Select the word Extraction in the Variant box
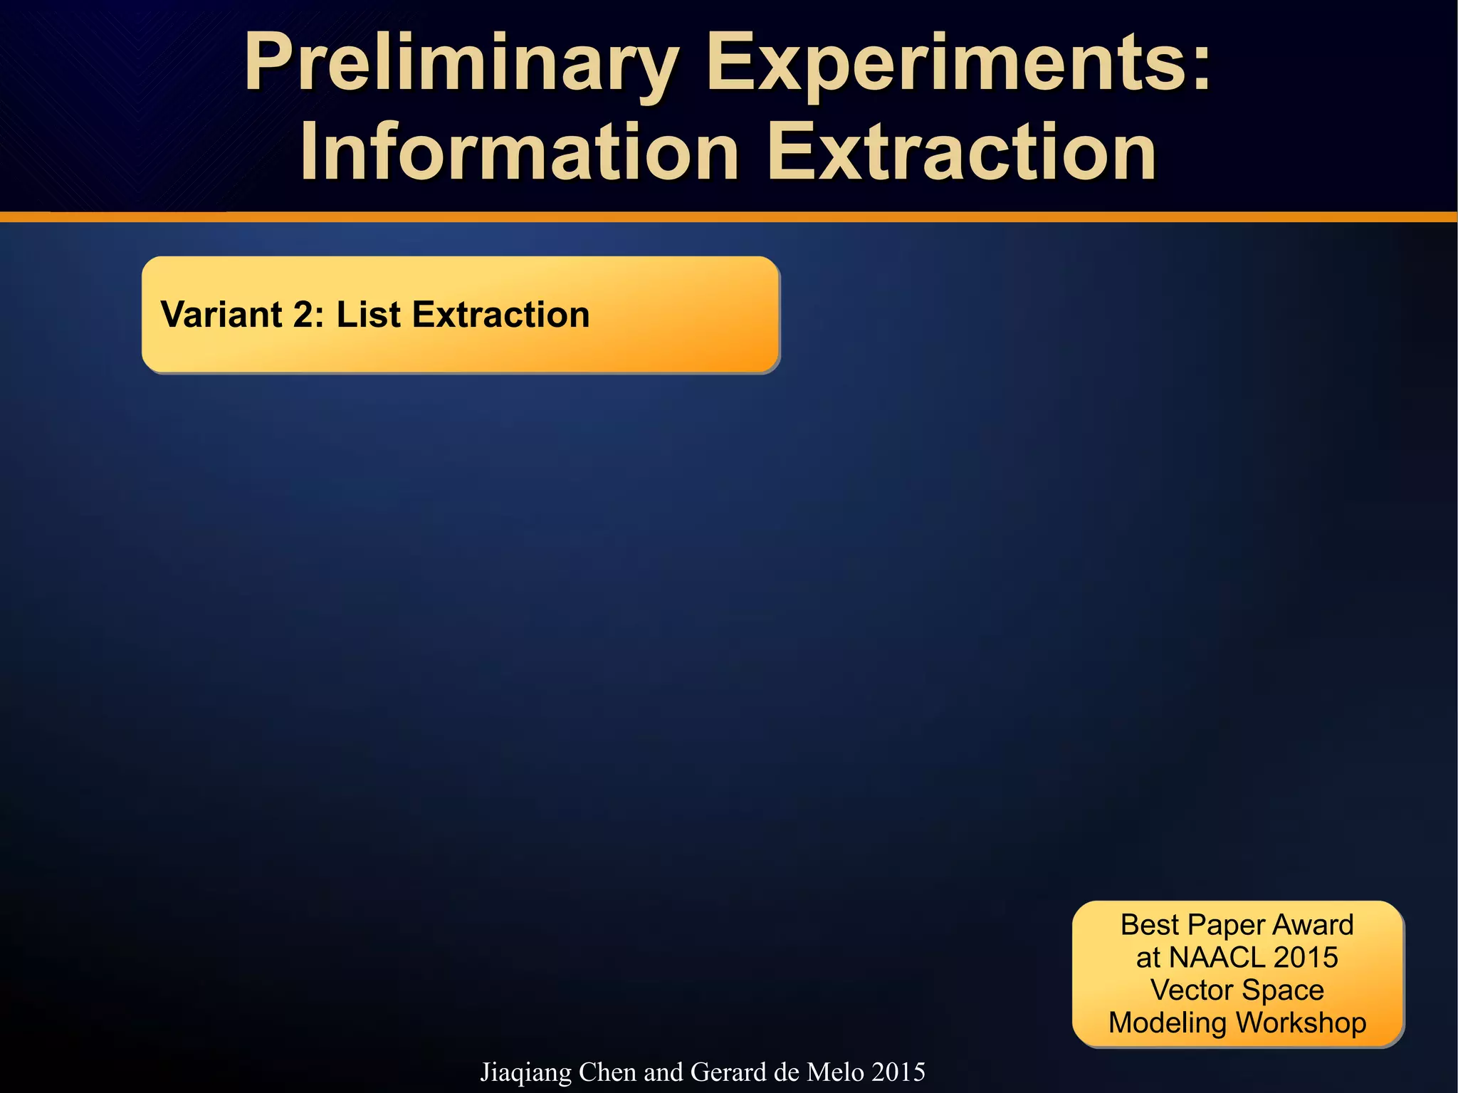coord(501,315)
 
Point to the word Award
coord(1313,925)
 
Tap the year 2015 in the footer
coord(898,1072)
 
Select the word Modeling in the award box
coord(1168,1023)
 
